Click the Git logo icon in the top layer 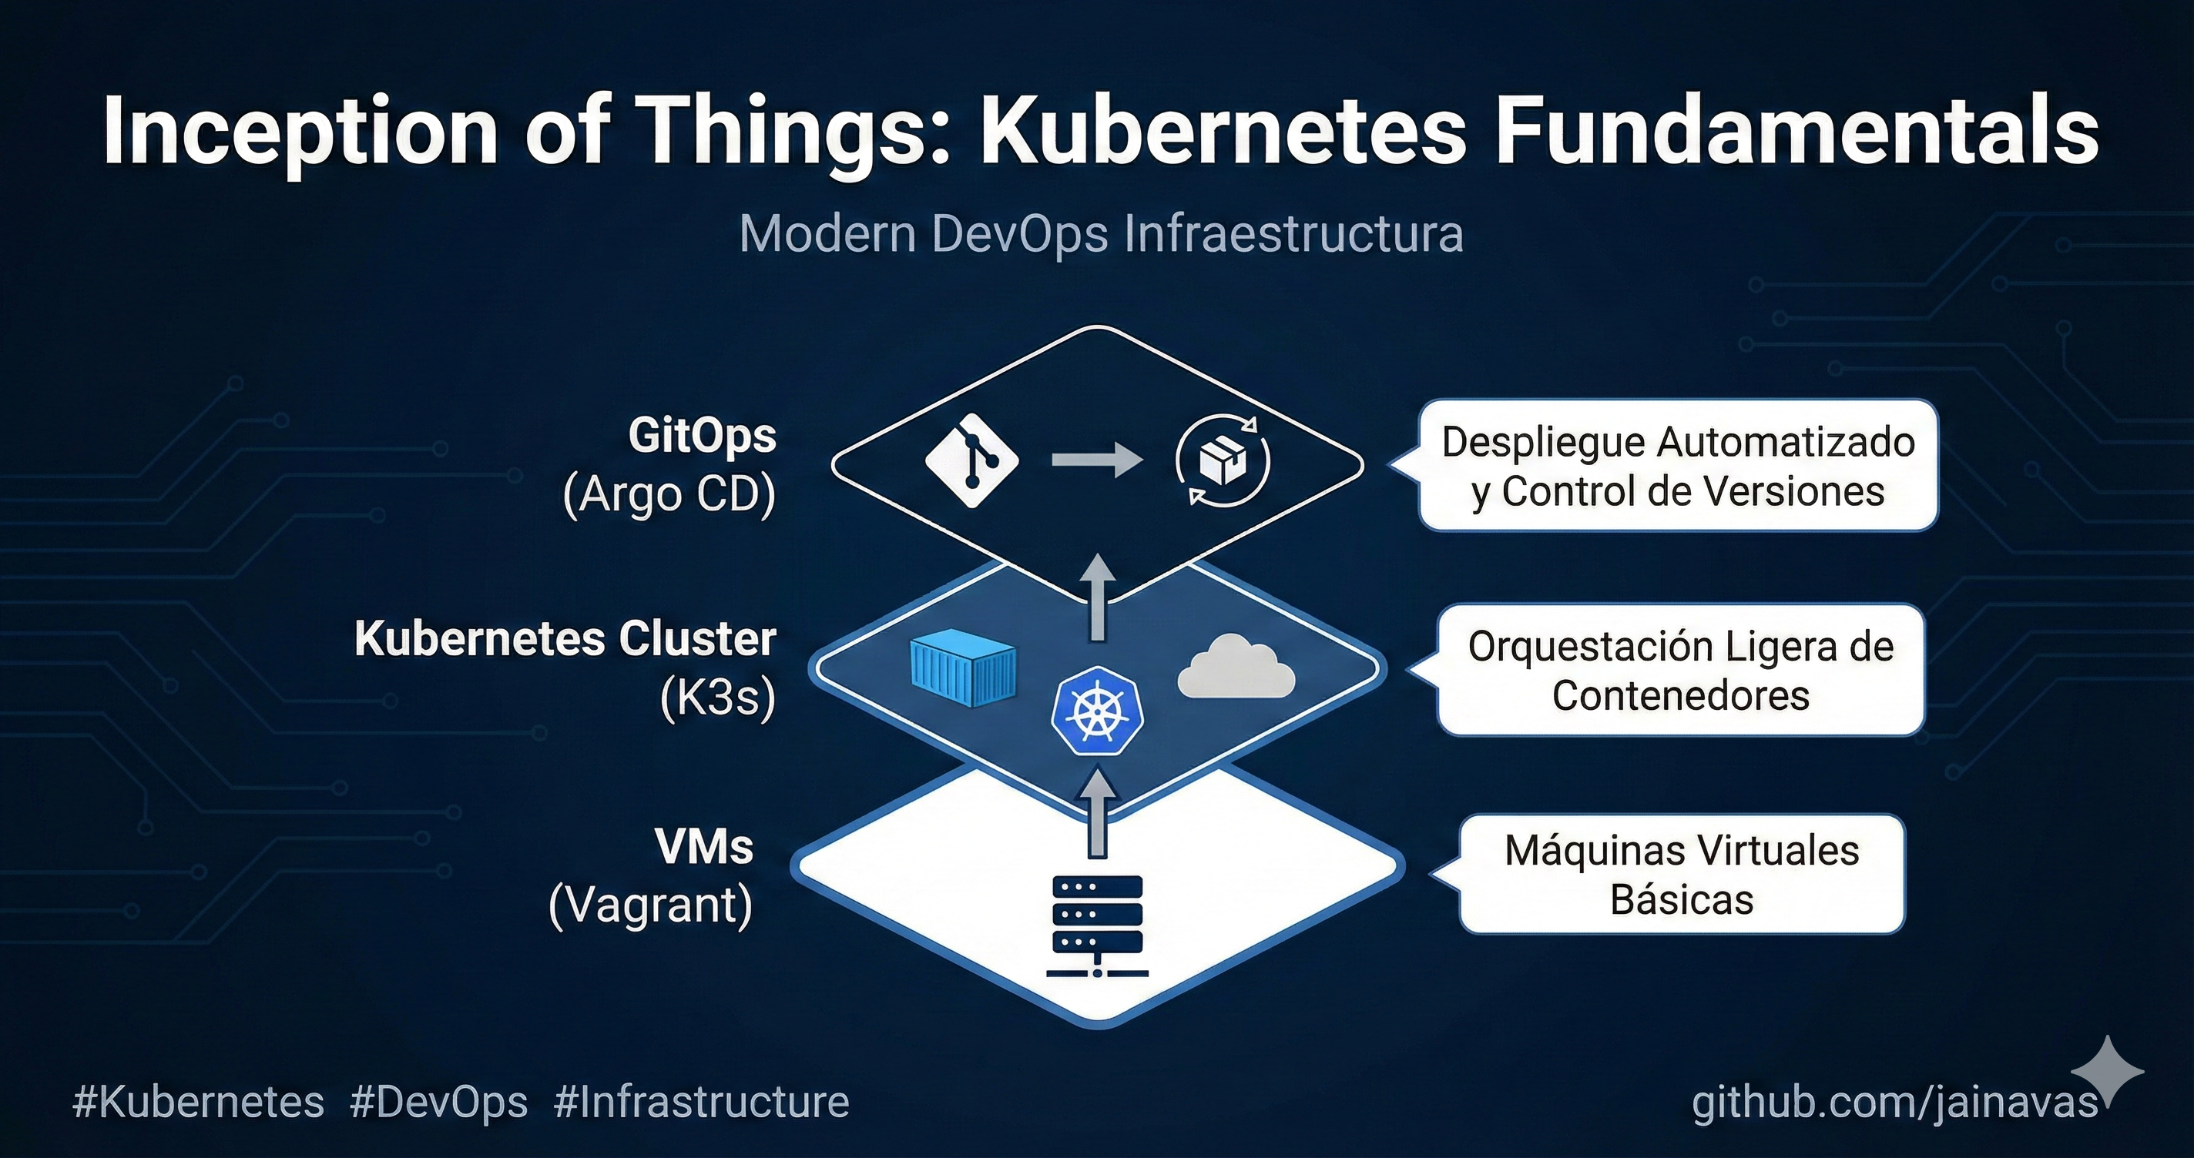pyautogui.click(x=971, y=461)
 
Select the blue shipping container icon pyautogui.click(x=963, y=668)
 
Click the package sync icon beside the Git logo pyautogui.click(x=1223, y=460)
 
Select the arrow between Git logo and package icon pyautogui.click(x=1097, y=460)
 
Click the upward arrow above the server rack pyautogui.click(x=1098, y=812)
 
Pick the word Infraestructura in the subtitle pyautogui.click(x=1293, y=233)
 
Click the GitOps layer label pyautogui.click(x=702, y=436)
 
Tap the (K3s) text pyautogui.click(x=717, y=698)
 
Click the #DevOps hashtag pyautogui.click(x=438, y=1102)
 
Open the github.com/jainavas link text pyautogui.click(x=1894, y=1102)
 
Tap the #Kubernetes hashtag pyautogui.click(x=199, y=1102)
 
